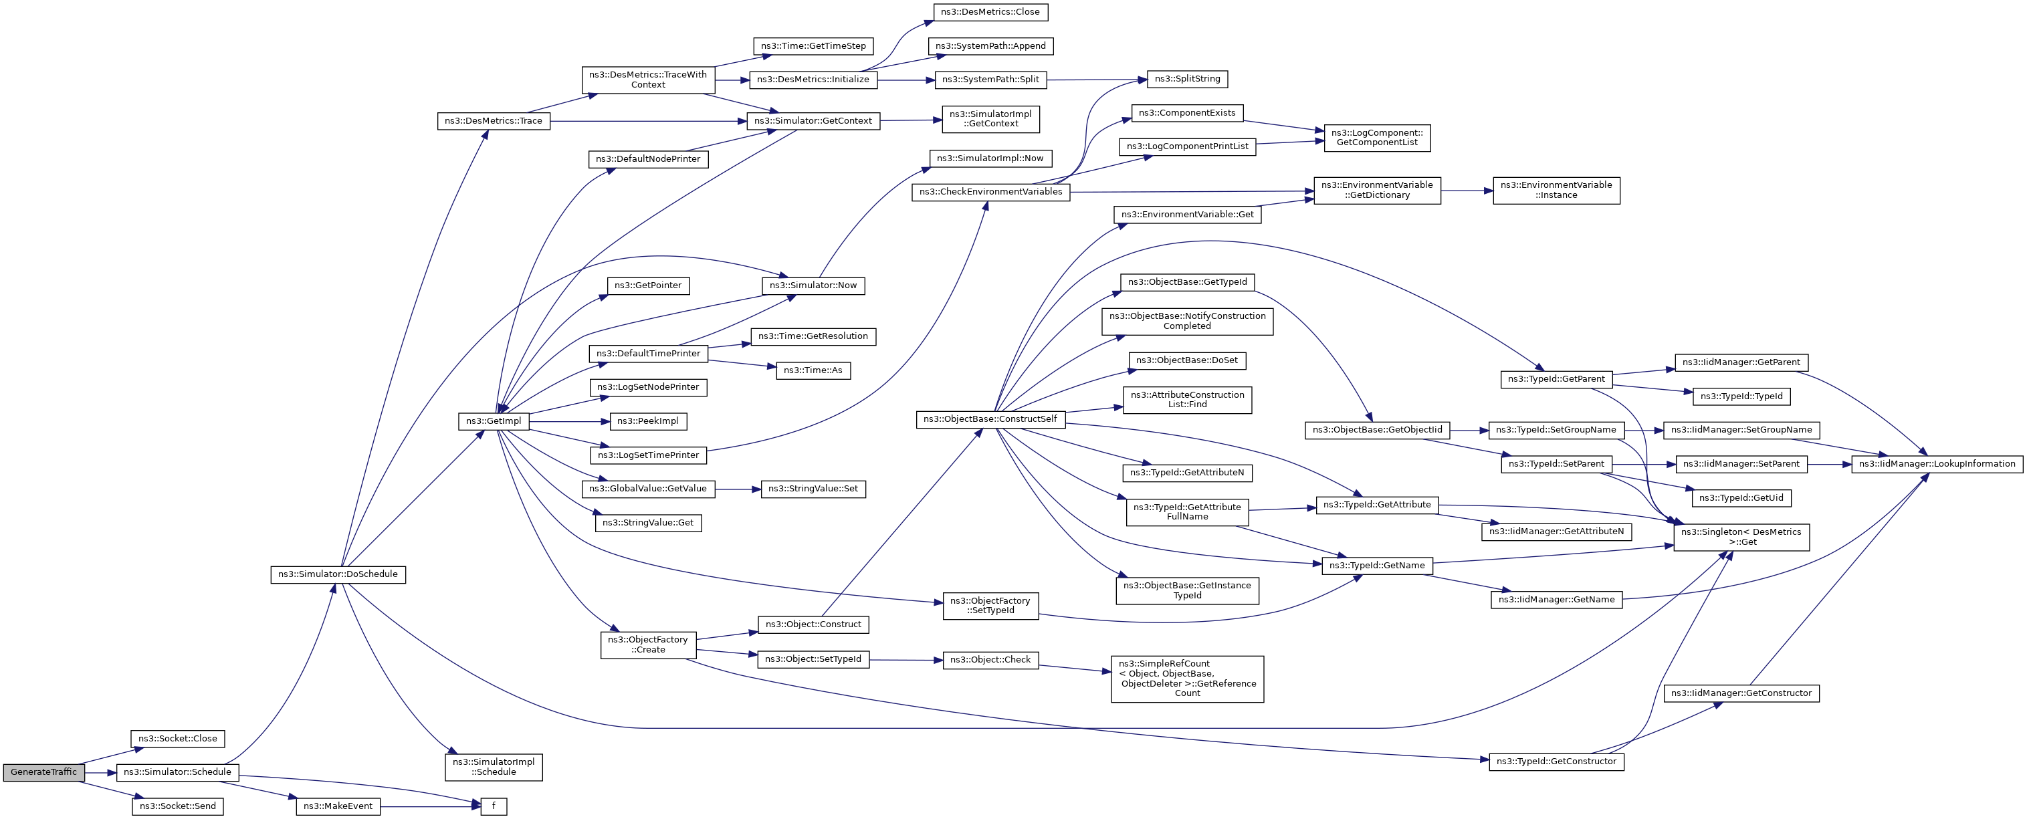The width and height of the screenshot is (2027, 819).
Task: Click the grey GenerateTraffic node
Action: coord(43,772)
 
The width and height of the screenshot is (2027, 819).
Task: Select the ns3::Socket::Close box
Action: coord(178,739)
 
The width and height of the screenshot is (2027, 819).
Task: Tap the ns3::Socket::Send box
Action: coord(178,806)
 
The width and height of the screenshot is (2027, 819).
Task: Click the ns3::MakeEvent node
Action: coord(338,806)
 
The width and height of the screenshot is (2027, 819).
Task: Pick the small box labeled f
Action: coord(494,806)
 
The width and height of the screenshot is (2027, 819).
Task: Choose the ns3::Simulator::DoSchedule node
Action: coord(338,574)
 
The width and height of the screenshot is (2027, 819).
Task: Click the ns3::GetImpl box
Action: coord(494,421)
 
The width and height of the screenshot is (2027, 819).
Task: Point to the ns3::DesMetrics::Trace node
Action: coord(494,121)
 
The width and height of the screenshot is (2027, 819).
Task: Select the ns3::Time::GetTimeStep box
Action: coord(813,45)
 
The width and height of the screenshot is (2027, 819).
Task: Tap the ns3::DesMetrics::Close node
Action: coord(990,12)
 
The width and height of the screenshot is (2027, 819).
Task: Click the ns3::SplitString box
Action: coord(1186,79)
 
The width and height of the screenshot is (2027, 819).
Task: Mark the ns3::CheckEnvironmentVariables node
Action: coord(990,192)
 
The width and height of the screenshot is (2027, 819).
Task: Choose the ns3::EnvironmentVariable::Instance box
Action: coord(1556,191)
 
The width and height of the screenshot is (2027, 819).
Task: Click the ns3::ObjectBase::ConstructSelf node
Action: coord(990,419)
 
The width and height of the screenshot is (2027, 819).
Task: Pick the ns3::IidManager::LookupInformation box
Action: coord(1937,464)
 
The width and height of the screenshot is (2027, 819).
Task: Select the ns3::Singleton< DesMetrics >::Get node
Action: coord(1741,537)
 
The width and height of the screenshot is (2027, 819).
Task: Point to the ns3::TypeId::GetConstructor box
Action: coord(1556,762)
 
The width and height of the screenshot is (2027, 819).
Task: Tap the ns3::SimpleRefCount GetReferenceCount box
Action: coord(1186,678)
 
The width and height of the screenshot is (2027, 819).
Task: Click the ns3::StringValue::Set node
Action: coord(813,489)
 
